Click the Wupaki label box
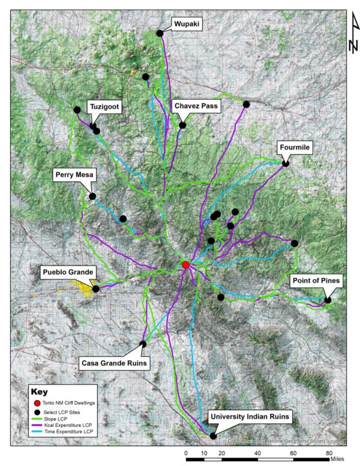[187, 24]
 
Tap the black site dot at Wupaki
[160, 33]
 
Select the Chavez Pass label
[196, 106]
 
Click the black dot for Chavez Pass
[182, 126]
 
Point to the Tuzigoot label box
[105, 106]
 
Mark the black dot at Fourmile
[286, 163]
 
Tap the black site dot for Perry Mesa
[92, 196]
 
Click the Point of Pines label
[316, 280]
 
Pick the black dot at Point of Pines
[328, 300]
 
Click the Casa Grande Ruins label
[114, 362]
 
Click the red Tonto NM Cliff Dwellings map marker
[186, 265]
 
